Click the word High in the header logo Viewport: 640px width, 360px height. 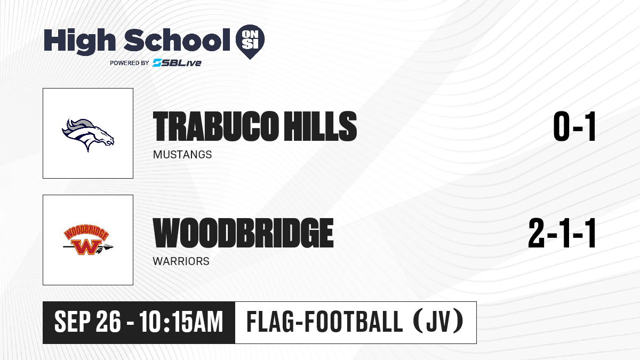pyautogui.click(x=79, y=41)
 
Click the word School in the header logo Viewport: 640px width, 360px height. pyautogui.click(x=177, y=40)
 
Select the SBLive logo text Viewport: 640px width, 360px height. pyautogui.click(x=177, y=62)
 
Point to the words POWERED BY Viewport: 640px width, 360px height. pyautogui.click(x=129, y=63)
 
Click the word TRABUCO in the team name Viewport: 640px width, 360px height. pyautogui.click(x=215, y=126)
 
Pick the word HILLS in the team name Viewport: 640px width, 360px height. pyautogui.click(x=321, y=126)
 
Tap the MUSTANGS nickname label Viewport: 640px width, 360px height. pyautogui.click(x=182, y=155)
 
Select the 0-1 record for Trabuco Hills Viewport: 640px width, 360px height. pyautogui.click(x=574, y=126)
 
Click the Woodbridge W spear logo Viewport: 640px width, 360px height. pyautogui.click(x=88, y=240)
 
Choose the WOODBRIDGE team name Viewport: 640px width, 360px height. pyautogui.click(x=243, y=233)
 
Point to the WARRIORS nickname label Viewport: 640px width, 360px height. pyautogui.click(x=181, y=261)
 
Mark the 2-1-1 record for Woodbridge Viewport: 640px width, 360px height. pyautogui.click(x=562, y=233)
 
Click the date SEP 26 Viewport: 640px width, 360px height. pyautogui.click(x=87, y=322)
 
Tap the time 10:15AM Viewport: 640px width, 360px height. pyautogui.click(x=181, y=322)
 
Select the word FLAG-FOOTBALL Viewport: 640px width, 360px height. pyautogui.click(x=325, y=322)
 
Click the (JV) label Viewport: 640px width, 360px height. pyautogui.click(x=438, y=322)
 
